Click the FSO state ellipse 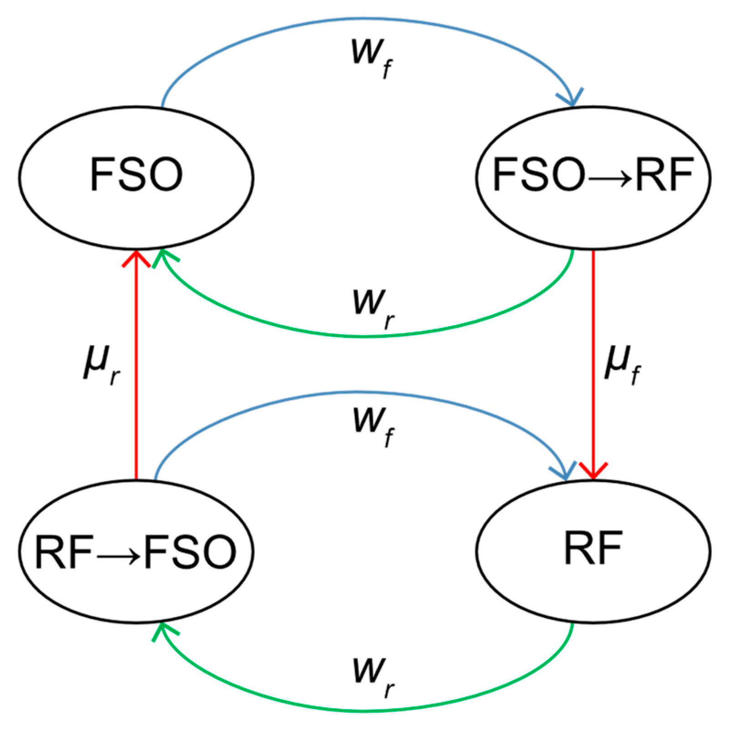pos(136,178)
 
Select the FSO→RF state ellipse pos(593,178)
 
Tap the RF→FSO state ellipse pos(136,552)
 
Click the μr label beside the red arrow pos(101,365)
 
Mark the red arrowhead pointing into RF pos(593,472)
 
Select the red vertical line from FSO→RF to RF pos(593,319)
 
